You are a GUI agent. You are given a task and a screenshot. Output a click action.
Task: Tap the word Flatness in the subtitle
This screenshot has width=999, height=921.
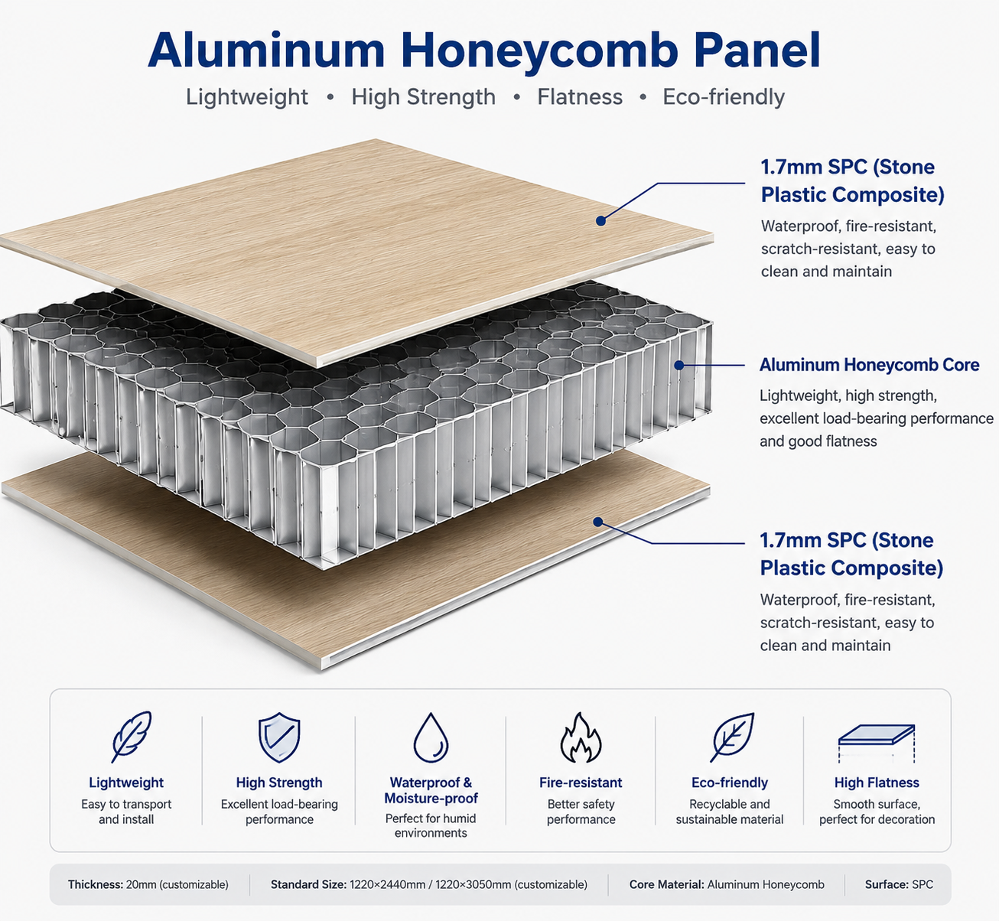click(580, 96)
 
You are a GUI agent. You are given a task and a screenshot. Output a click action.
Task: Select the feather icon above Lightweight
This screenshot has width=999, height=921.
click(131, 737)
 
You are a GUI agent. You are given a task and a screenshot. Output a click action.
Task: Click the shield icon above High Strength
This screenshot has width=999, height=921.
click(279, 737)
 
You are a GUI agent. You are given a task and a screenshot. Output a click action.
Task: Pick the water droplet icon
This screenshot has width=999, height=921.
click(431, 737)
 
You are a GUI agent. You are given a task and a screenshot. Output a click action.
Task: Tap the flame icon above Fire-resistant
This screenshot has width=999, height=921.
click(581, 737)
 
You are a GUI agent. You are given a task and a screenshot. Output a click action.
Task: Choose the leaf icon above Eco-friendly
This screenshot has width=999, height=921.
click(732, 737)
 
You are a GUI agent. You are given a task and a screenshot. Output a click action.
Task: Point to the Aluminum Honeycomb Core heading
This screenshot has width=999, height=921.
click(869, 365)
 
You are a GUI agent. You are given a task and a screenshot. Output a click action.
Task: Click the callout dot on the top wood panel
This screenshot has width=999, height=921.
click(600, 220)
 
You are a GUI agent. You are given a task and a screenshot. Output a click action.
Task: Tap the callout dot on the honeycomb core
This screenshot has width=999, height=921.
click(679, 366)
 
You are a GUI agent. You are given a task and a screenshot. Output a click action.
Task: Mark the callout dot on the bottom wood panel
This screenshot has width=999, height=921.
click(598, 522)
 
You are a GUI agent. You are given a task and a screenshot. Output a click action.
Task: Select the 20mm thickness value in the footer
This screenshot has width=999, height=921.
click(177, 884)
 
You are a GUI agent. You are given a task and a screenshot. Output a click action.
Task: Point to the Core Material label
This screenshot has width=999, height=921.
click(666, 884)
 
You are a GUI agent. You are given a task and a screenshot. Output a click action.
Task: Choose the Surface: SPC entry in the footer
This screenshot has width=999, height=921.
click(899, 884)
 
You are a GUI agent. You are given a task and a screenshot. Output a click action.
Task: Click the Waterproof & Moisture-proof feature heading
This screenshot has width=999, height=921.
click(431, 790)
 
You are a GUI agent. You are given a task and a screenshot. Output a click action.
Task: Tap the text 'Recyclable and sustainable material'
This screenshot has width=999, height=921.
click(730, 812)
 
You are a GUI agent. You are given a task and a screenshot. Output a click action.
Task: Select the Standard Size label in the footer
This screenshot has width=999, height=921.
click(308, 884)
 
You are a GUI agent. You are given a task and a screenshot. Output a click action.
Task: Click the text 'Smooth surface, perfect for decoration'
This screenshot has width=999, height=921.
click(877, 812)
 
